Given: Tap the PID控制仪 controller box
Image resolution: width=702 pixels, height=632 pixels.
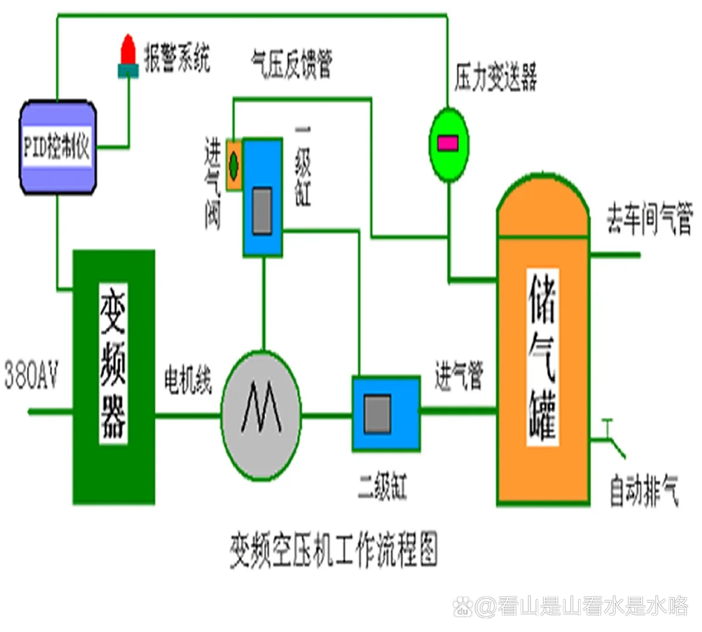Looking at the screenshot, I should click(x=57, y=147).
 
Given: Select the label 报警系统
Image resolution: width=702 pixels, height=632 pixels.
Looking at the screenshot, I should click(x=177, y=59).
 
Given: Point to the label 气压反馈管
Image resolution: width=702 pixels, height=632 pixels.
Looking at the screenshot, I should click(x=291, y=63).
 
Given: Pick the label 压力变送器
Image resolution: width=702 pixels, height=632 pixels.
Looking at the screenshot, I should click(x=495, y=77).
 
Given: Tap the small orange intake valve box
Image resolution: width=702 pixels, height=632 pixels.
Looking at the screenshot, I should click(x=234, y=164).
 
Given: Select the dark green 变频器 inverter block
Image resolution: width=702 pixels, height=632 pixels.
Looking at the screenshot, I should click(x=113, y=377).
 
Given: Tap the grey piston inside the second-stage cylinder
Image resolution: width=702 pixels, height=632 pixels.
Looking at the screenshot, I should click(x=377, y=414).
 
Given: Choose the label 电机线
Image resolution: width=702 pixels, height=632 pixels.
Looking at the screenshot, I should click(x=188, y=380).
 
